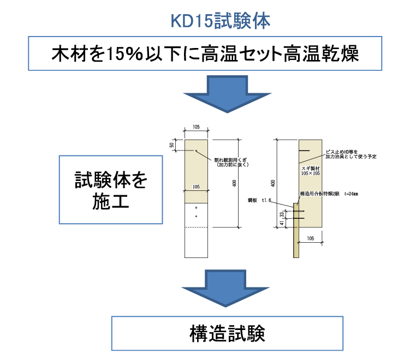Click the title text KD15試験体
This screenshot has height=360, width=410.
[x=221, y=21]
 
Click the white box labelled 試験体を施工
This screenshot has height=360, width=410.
[x=111, y=190]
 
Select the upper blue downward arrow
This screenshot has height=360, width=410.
[x=227, y=94]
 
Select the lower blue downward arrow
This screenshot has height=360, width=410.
[x=225, y=287]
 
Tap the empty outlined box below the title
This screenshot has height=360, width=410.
[x=205, y=53]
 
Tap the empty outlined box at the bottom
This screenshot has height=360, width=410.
[x=227, y=333]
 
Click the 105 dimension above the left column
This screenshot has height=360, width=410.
[x=196, y=127]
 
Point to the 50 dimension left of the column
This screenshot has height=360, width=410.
[x=171, y=145]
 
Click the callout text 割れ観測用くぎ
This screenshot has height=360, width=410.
[x=230, y=160]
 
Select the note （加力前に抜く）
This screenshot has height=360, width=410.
[x=232, y=164]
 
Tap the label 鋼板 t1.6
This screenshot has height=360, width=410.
[x=259, y=200]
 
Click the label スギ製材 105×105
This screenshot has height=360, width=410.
[x=311, y=171]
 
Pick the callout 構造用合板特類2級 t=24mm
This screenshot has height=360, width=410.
[x=329, y=194]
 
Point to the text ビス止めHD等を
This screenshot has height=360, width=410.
[x=342, y=152]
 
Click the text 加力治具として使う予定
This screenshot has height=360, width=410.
[x=350, y=157]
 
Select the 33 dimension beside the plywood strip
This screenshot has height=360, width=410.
[x=282, y=215]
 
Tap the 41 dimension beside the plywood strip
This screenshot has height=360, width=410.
[x=282, y=223]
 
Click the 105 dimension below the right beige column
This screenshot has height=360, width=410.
[x=310, y=238]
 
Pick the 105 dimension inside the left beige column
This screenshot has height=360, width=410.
[x=196, y=187]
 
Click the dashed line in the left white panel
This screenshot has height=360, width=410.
[x=196, y=227]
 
